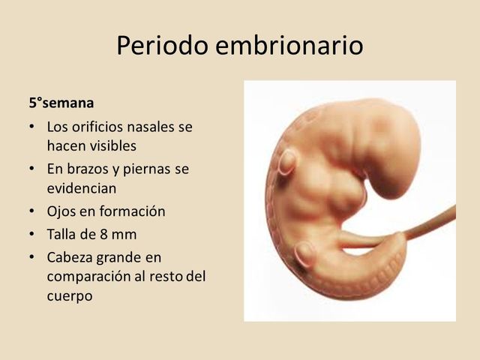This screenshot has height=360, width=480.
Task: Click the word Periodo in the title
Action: (x=162, y=46)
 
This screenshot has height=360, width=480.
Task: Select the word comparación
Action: (x=88, y=276)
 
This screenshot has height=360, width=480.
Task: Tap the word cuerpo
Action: (x=69, y=295)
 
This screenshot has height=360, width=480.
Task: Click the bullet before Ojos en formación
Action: (x=31, y=211)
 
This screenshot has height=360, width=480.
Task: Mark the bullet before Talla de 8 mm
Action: (x=31, y=234)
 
